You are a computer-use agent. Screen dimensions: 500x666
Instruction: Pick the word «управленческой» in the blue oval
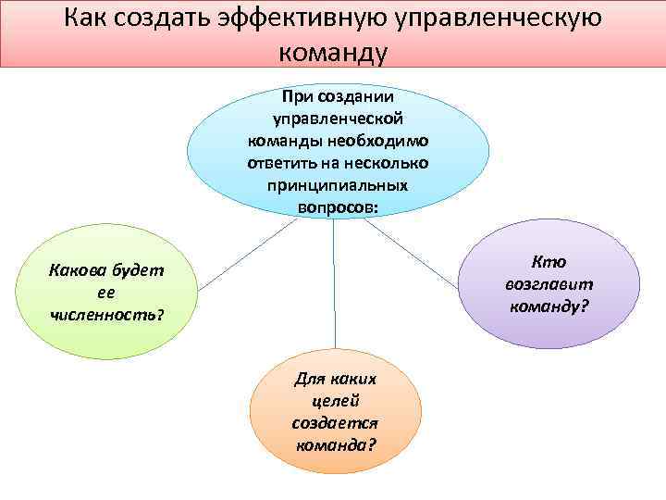click(338, 119)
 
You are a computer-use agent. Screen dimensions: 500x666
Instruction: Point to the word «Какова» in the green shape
click(80, 271)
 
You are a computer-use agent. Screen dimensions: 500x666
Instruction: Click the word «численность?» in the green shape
click(106, 315)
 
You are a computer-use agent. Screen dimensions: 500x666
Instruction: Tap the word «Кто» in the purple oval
click(550, 262)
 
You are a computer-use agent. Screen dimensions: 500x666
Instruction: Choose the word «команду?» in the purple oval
click(549, 305)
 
